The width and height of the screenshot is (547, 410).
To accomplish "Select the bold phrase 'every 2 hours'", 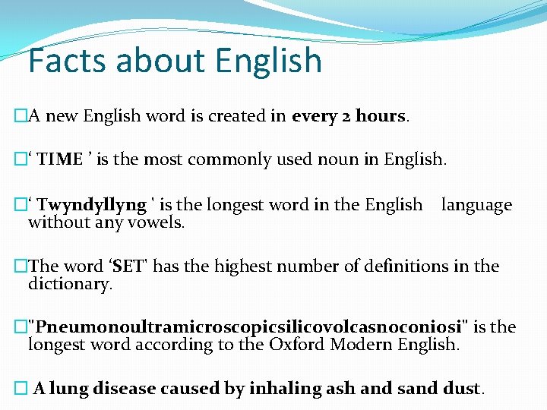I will coord(349,116).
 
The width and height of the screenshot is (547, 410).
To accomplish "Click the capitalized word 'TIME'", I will coord(60,159).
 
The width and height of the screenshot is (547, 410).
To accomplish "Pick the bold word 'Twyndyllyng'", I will coord(91,205).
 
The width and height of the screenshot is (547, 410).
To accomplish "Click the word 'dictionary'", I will coord(69,284).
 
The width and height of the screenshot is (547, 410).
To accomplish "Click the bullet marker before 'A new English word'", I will coord(21,116).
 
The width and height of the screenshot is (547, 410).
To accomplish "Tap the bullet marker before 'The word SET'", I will coord(21,266).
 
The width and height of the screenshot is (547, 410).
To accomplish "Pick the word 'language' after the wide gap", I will coord(476,205).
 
